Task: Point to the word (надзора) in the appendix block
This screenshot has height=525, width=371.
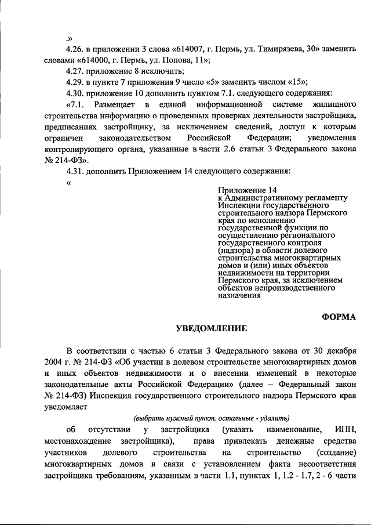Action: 235,251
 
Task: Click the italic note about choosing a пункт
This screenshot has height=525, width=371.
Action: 211,418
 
